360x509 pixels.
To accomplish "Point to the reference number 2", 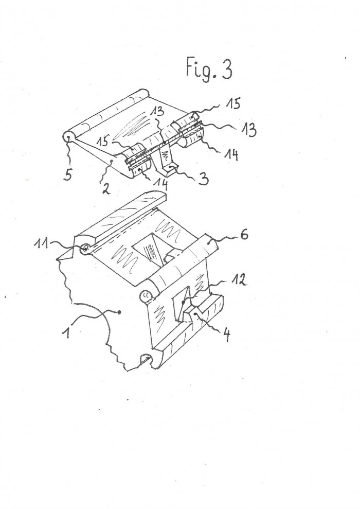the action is [x=105, y=188].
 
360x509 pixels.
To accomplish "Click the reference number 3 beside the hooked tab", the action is [x=203, y=179].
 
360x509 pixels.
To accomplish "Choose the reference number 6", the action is [x=244, y=234].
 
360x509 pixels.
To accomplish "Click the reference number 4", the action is [x=226, y=335].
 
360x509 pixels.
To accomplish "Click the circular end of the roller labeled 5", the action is [x=67, y=137].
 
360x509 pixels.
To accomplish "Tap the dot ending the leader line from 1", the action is [x=119, y=312].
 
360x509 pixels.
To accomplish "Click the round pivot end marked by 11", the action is [x=85, y=249].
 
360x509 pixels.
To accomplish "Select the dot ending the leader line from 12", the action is [x=183, y=302].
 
